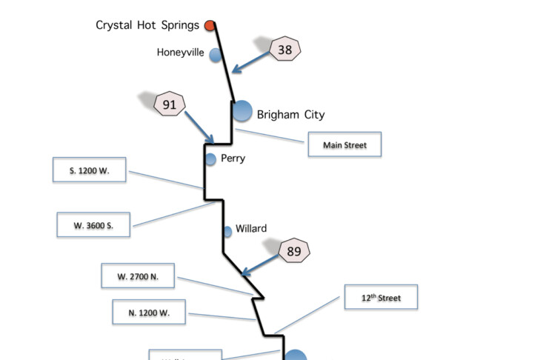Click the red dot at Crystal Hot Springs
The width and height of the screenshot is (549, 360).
(210, 26)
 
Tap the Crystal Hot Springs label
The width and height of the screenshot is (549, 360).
(147, 25)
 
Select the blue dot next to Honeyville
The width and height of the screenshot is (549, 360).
(216, 55)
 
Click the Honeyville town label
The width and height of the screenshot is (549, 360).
(180, 53)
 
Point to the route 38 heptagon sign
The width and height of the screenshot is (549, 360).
(285, 50)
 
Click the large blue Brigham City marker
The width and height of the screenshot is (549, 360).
(242, 111)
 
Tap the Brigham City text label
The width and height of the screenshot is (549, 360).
(290, 115)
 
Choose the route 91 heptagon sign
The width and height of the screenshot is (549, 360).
(170, 105)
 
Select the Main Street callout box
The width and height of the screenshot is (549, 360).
(345, 145)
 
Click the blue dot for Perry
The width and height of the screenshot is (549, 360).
(210, 159)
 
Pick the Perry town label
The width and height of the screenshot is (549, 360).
(233, 159)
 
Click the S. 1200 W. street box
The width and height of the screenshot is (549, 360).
(90, 170)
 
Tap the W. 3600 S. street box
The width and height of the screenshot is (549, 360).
(93, 224)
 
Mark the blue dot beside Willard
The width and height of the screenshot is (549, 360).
(227, 232)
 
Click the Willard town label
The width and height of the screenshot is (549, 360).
(251, 229)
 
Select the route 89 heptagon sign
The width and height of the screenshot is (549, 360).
(294, 252)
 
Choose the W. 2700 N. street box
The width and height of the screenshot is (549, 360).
(138, 277)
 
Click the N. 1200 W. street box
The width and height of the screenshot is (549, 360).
(149, 313)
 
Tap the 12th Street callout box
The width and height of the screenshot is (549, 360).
(381, 298)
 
